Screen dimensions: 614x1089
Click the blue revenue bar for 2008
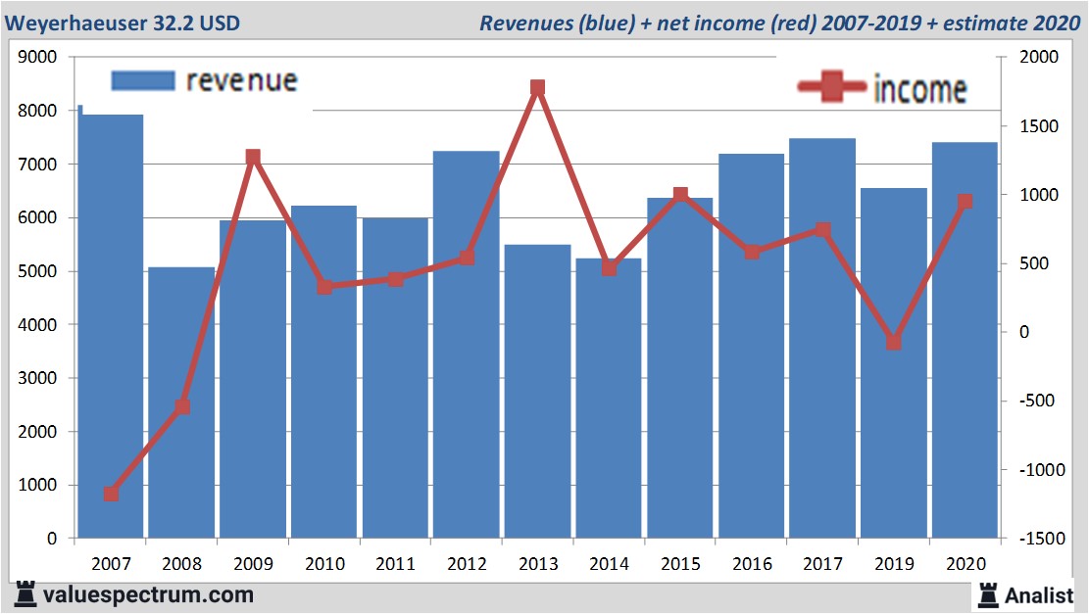click(181, 401)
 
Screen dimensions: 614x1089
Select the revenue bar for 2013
click(538, 391)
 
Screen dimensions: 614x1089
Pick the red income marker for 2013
click(538, 88)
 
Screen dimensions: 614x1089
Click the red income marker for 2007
click(111, 494)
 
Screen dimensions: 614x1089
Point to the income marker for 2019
click(894, 342)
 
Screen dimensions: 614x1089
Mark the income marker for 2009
click(253, 157)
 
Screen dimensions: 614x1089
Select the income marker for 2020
click(965, 202)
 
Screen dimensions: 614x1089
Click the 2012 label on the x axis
click(467, 565)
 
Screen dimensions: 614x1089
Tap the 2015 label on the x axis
click(680, 565)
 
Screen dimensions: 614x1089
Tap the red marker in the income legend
click(833, 87)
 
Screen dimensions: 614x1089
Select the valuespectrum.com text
click(148, 594)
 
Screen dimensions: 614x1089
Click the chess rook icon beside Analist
click(988, 593)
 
